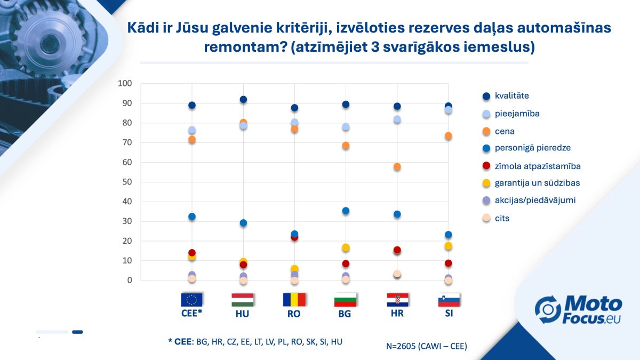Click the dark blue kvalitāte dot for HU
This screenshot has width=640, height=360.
[243, 100]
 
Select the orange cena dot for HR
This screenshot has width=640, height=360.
[397, 167]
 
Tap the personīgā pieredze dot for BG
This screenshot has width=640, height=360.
[346, 211]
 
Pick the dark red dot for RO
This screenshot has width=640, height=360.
[294, 237]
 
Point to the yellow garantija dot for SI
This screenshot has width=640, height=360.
[449, 246]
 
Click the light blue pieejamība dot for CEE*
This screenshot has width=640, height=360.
[192, 130]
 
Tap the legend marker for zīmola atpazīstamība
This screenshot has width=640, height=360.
[486, 166]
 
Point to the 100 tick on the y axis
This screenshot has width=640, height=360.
[124, 84]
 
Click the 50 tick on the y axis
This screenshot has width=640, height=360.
[126, 182]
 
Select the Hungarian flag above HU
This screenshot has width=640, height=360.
[243, 299]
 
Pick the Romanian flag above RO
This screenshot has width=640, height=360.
[294, 299]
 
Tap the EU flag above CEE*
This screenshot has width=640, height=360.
[192, 299]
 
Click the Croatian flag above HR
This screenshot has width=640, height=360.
[397, 299]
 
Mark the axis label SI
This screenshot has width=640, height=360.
[449, 314]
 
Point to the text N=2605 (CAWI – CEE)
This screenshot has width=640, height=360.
[427, 346]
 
